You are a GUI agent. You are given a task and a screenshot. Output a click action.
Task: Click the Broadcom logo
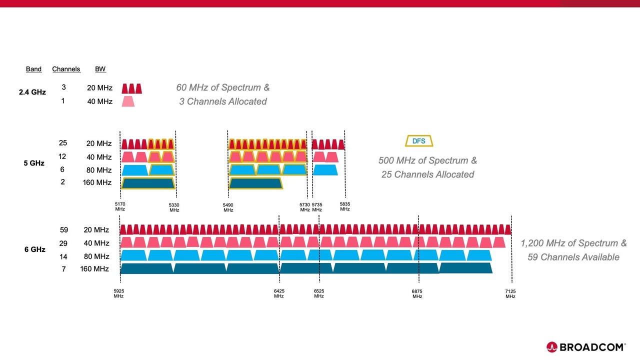[x=585, y=346]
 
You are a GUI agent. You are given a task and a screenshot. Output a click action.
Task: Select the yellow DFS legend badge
[x=419, y=141]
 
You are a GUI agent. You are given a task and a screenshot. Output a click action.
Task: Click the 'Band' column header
[x=33, y=69]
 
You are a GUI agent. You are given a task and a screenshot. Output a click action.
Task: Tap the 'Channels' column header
[x=66, y=69]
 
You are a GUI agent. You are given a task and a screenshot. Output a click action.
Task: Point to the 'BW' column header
[x=100, y=69]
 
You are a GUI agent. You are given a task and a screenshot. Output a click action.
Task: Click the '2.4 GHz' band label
[x=32, y=92]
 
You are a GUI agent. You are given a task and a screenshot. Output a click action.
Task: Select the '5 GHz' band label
[x=34, y=163]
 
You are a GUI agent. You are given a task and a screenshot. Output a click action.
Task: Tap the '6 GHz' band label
[x=35, y=249]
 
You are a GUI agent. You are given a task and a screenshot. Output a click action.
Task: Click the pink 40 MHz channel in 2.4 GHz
[x=128, y=101]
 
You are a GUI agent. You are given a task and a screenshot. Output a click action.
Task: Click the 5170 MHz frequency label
[x=120, y=207]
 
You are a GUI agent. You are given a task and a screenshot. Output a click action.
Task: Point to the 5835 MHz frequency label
[x=345, y=207]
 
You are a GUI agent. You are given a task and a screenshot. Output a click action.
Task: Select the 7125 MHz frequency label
[x=510, y=293]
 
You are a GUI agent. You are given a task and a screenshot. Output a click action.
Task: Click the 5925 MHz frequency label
[x=118, y=293]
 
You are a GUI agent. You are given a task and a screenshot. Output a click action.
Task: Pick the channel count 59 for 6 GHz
[x=63, y=229]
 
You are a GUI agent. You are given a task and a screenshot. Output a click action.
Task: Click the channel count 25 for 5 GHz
[x=63, y=143]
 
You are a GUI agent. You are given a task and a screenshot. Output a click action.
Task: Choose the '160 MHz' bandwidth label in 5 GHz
[x=97, y=182]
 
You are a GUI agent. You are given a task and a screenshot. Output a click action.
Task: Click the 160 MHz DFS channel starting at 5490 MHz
[x=255, y=183]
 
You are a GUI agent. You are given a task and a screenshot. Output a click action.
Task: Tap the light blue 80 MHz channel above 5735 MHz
[x=325, y=170]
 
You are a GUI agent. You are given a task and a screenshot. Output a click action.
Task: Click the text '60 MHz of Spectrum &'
[x=222, y=87]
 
